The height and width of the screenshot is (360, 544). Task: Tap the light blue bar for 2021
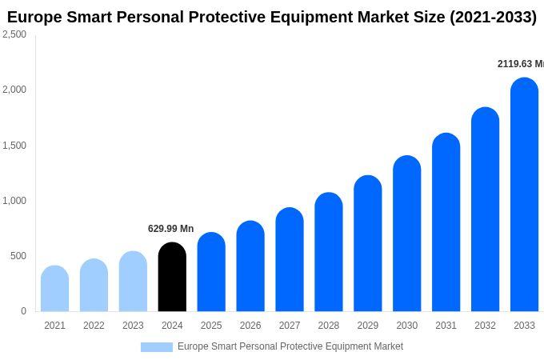[x=54, y=289]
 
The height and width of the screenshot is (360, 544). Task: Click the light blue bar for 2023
[x=133, y=282]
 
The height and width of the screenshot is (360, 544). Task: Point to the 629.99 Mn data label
[x=170, y=229]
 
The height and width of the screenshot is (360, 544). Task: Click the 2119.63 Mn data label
[x=520, y=64]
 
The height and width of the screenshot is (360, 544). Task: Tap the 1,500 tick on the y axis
[x=14, y=146]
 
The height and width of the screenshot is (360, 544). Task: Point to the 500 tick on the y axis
[x=18, y=256]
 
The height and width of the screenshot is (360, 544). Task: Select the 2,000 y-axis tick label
[x=14, y=90]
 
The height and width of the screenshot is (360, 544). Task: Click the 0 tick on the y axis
[x=23, y=311]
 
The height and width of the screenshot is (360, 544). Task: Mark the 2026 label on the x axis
[x=250, y=326]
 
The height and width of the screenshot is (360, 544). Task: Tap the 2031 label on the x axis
[x=446, y=326]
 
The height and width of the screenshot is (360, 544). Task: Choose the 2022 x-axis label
[x=94, y=326]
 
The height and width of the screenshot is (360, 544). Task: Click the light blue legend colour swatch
[x=157, y=347]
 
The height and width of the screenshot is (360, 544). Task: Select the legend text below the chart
[x=290, y=346]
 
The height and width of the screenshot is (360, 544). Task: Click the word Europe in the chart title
[x=35, y=17]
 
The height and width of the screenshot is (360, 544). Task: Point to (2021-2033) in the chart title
[x=493, y=17]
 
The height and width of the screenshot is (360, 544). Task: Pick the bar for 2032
[x=485, y=210]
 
